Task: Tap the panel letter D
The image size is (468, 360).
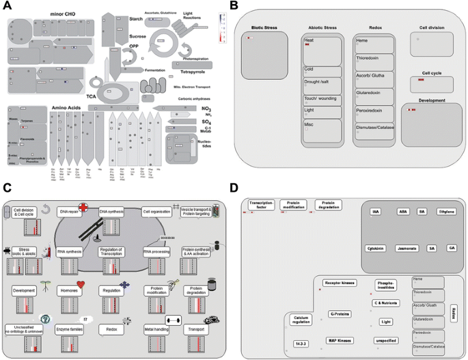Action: coord(235,187)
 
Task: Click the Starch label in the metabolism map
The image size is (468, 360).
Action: coord(136,19)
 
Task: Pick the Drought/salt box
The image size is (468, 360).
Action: coord(322,81)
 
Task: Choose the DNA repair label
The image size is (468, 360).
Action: coord(69,212)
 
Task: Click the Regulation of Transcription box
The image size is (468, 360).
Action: coord(111,253)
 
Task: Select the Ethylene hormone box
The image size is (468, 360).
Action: coord(446,212)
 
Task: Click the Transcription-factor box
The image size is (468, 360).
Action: coord(261,204)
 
